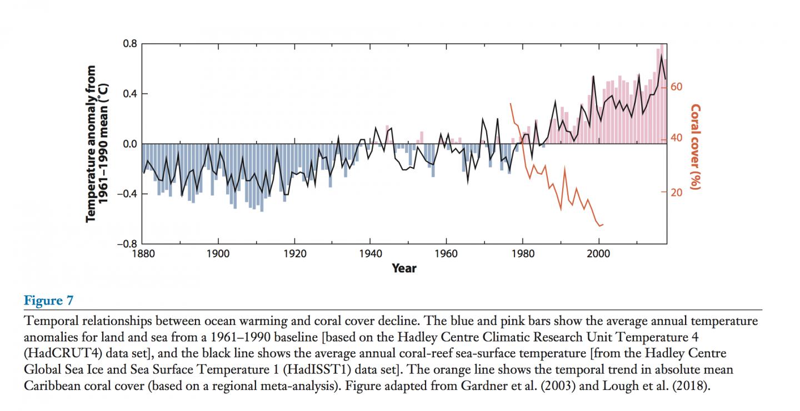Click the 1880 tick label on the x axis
coord(142,253)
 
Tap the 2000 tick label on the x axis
coord(599,253)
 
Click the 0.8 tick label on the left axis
coord(130,44)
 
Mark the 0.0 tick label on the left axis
coord(130,144)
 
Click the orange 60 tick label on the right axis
coord(676,87)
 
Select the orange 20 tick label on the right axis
coord(676,192)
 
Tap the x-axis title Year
coord(404,268)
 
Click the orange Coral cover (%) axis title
coord(695,146)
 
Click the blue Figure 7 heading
coord(48,301)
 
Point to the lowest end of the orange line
coord(600,226)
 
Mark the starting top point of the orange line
coord(511,103)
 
